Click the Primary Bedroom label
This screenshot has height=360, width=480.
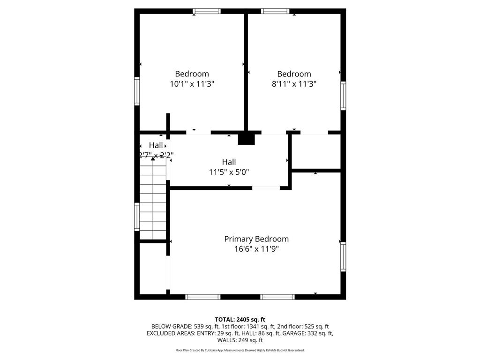256,239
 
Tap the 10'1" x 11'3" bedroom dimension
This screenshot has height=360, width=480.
192,84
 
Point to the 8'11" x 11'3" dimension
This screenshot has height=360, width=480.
294,84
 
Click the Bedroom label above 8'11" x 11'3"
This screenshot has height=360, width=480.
294,74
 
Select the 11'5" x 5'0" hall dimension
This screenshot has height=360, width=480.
229,172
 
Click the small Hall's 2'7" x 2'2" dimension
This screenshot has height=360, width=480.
156,155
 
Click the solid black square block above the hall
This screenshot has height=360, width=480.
246,139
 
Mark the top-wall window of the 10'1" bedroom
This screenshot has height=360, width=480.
207,11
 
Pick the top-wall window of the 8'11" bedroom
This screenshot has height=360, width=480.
276,11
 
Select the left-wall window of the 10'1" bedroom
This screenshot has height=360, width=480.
137,91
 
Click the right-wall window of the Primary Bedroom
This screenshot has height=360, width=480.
343,256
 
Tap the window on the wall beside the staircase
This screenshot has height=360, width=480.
137,217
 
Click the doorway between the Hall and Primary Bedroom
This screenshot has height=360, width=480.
266,188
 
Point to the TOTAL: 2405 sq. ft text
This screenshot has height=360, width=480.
240,319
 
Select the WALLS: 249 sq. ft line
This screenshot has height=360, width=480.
240,340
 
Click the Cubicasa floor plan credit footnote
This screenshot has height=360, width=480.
240,350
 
